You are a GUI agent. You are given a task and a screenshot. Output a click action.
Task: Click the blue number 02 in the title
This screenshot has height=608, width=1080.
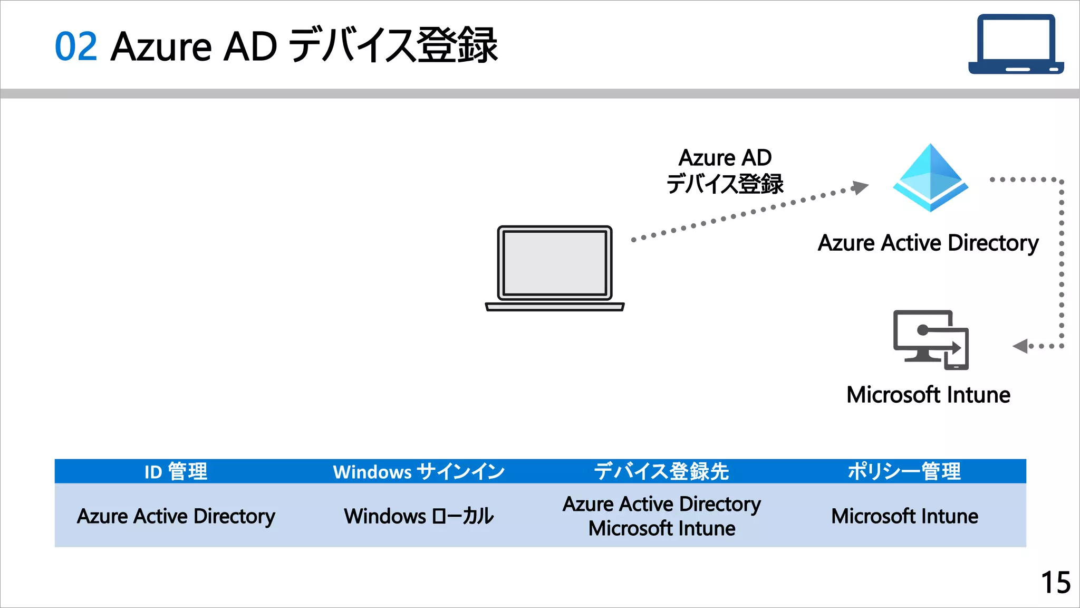point(76,46)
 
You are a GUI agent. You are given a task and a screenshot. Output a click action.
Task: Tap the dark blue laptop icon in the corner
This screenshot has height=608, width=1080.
point(1016,44)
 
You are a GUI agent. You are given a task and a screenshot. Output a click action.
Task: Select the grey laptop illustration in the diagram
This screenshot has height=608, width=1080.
point(555,268)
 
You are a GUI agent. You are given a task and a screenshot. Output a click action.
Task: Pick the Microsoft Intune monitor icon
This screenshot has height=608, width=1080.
point(931,339)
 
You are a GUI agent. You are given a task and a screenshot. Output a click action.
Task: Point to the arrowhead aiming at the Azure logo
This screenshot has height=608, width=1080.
point(861,187)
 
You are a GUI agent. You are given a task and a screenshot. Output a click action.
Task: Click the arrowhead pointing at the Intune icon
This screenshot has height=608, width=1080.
point(1020,346)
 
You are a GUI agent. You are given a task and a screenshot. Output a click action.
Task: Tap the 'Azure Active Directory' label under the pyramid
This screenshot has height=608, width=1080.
point(928,243)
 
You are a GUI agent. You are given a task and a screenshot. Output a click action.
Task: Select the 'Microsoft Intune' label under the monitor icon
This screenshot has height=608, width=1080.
point(928,395)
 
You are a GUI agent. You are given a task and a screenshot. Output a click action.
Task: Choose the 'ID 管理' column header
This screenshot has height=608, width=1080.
point(176,471)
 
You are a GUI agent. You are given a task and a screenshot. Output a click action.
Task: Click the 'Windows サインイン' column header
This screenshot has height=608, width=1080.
point(419,471)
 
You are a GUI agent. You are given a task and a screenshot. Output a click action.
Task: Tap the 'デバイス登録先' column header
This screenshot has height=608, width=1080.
point(661,471)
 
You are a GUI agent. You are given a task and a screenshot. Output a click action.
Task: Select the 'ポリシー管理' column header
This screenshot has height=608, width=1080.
point(904,471)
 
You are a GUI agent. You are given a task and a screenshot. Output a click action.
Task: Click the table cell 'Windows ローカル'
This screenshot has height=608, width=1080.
point(419,516)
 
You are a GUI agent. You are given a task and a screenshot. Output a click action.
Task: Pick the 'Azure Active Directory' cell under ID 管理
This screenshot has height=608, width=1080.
point(176,516)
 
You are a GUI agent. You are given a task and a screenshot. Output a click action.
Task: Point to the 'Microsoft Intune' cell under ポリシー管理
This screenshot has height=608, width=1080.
point(904,516)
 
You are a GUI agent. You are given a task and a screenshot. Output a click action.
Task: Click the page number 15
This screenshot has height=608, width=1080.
point(1056,583)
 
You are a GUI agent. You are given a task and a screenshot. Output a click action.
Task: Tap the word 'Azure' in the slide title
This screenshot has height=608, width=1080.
point(161,46)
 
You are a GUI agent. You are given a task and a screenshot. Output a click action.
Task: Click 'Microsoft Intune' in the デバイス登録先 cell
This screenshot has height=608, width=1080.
point(661,528)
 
